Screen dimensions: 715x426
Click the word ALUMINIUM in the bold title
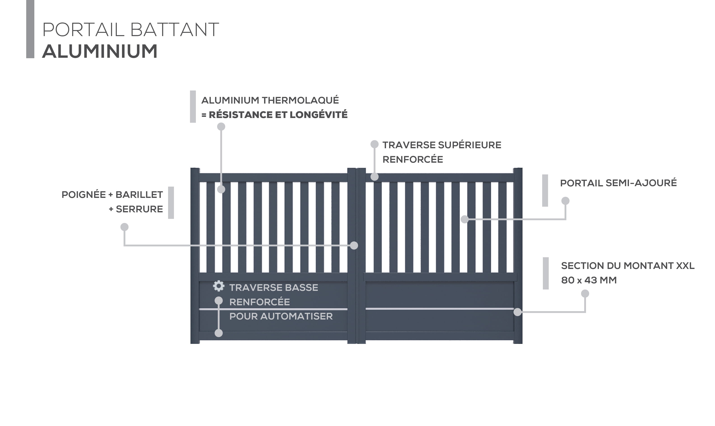pyautogui.click(x=100, y=51)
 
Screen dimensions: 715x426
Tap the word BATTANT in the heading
pyautogui.click(x=174, y=30)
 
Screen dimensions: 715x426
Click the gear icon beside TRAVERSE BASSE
pyautogui.click(x=219, y=286)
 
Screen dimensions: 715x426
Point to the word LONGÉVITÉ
pyautogui.click(x=319, y=115)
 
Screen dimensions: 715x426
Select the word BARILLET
pyautogui.click(x=139, y=195)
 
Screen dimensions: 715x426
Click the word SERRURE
pyautogui.click(x=139, y=209)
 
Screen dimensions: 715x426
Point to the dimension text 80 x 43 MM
pyautogui.click(x=589, y=280)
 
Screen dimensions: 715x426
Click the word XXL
pyautogui.click(x=685, y=266)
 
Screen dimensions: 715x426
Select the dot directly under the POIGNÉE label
pyautogui.click(x=124, y=227)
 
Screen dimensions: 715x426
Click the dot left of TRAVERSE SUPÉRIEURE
pyautogui.click(x=375, y=144)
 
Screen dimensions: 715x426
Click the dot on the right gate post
pyautogui.click(x=518, y=312)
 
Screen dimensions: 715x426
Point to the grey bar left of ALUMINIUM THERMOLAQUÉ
pyautogui.click(x=193, y=106)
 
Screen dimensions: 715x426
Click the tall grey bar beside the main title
pyautogui.click(x=30, y=29)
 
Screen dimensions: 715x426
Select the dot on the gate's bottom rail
pyautogui.click(x=219, y=333)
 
